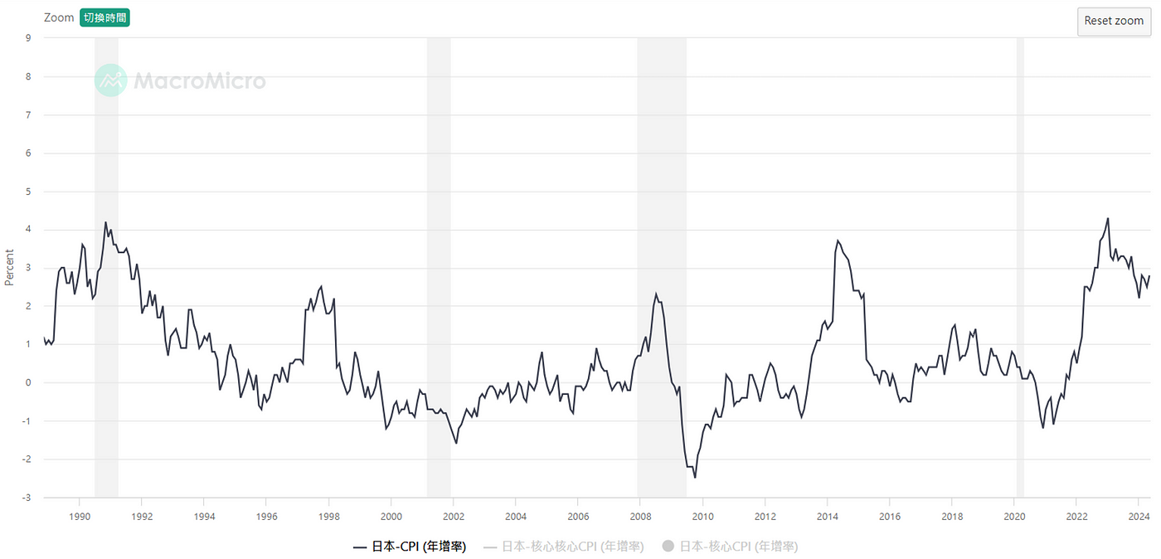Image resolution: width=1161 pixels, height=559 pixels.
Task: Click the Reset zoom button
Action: tap(1114, 21)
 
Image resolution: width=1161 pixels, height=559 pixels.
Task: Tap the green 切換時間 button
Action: tap(104, 17)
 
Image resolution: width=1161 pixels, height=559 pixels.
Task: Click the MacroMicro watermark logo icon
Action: tap(110, 80)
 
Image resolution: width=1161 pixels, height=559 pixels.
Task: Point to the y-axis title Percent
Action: tap(10, 267)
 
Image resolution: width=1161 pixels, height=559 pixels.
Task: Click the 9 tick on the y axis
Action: tap(28, 37)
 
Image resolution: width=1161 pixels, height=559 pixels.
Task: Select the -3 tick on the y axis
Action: tap(28, 498)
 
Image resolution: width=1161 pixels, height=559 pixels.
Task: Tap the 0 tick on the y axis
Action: tap(28, 382)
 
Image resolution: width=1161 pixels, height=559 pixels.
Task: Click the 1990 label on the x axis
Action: tap(79, 515)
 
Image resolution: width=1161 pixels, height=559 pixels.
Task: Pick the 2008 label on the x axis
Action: tap(640, 515)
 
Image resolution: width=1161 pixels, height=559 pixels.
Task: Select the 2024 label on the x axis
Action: tap(1139, 515)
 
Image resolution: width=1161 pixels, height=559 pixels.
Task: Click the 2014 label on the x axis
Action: tap(827, 515)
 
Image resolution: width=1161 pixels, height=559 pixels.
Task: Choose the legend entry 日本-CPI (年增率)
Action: tap(410, 547)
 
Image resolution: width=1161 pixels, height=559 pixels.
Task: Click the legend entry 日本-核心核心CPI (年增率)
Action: tap(564, 547)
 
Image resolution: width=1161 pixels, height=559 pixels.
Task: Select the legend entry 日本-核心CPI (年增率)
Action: tap(730, 547)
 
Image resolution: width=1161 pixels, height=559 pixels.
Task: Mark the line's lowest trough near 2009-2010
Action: tap(695, 477)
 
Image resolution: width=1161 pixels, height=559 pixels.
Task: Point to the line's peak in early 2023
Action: tap(1108, 219)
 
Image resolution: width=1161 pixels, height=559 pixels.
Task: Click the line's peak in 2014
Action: tap(838, 241)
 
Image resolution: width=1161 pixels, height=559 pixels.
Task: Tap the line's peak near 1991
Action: tap(105, 222)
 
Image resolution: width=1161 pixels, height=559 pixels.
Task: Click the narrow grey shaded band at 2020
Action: tap(1020, 265)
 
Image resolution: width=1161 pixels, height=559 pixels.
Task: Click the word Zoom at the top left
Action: tap(59, 17)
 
